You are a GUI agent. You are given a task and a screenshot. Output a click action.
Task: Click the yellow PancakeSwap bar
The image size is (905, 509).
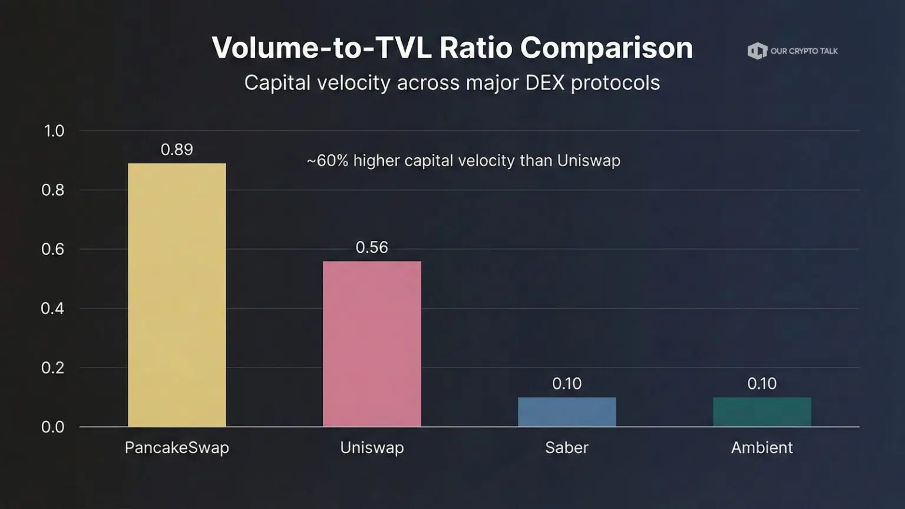click(177, 295)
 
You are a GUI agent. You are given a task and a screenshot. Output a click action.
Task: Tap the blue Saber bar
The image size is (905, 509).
click(567, 412)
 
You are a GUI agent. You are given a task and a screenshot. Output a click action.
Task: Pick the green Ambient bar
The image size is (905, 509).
click(762, 412)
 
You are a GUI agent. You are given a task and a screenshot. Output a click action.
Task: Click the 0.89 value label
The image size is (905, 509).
click(177, 150)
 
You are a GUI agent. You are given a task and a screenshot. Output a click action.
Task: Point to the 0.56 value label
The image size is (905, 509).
click(372, 247)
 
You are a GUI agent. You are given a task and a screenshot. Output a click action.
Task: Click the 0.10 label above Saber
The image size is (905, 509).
click(567, 384)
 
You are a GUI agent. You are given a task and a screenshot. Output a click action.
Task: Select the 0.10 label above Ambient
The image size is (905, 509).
click(762, 384)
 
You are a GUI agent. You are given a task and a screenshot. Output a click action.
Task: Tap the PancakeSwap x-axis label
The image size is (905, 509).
click(177, 448)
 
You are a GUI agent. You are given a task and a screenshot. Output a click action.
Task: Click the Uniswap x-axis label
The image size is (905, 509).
click(372, 448)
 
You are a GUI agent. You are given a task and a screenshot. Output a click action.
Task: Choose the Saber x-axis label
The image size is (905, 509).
click(567, 448)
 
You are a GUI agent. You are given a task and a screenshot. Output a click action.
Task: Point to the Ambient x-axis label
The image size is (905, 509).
click(762, 448)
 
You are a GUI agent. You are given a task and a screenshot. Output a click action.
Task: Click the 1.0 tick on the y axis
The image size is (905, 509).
click(54, 131)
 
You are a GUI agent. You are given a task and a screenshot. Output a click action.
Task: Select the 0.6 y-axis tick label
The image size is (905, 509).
click(53, 249)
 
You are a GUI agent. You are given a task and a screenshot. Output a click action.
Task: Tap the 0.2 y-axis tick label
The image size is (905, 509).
click(53, 368)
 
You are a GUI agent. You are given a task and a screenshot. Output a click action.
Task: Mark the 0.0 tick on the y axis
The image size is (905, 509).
click(53, 427)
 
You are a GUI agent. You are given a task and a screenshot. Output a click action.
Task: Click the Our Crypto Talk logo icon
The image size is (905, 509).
click(757, 51)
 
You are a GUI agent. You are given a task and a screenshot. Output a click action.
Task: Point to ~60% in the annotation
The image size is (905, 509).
click(328, 161)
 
